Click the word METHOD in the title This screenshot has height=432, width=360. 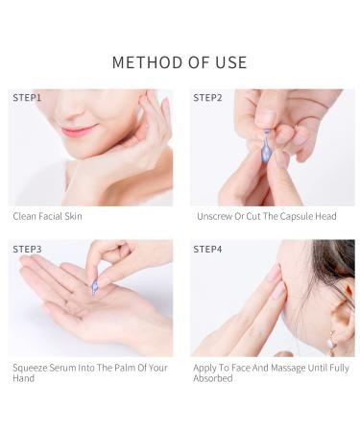point(148,62)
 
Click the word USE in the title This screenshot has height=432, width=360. point(231,62)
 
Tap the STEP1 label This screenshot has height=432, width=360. point(27,98)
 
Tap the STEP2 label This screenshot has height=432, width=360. point(207,98)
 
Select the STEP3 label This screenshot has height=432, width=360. point(27,249)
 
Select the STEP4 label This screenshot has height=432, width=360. point(207,249)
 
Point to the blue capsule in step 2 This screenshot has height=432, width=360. point(266,148)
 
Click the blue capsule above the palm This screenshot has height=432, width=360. point(95,287)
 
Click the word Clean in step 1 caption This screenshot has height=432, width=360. point(24,216)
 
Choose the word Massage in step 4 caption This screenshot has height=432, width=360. point(288,368)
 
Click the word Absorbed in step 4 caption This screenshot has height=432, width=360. point(213,378)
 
